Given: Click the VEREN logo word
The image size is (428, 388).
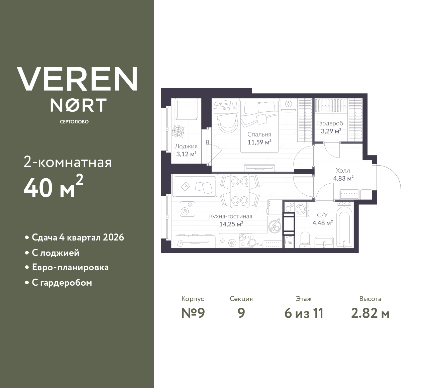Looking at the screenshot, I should [77, 79].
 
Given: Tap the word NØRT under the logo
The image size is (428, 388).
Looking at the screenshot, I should [79, 105].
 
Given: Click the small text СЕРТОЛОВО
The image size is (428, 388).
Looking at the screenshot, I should [74, 122].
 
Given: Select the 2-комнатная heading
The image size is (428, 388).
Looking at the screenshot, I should [68, 163].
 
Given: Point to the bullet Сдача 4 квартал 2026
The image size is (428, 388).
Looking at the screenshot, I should [78, 237].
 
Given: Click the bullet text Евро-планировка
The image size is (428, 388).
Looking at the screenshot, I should [70, 268].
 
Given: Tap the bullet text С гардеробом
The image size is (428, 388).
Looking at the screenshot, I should [62, 283].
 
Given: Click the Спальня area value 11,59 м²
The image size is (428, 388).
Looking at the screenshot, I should [259, 142].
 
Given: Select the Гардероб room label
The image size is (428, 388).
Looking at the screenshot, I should [330, 123].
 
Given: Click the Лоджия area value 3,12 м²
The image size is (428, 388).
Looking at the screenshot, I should [186, 154].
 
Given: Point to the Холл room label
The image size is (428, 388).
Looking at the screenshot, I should [343, 171].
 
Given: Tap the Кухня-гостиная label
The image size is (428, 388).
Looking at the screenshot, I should [230, 216].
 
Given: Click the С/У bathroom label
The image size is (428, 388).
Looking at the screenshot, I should [322, 215].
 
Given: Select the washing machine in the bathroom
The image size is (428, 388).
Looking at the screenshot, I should [301, 209].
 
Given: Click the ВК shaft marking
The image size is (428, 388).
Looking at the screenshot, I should [290, 243].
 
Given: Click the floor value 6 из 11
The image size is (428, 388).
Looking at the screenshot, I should [304, 313].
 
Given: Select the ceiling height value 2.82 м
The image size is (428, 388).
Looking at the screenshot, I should [370, 313].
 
